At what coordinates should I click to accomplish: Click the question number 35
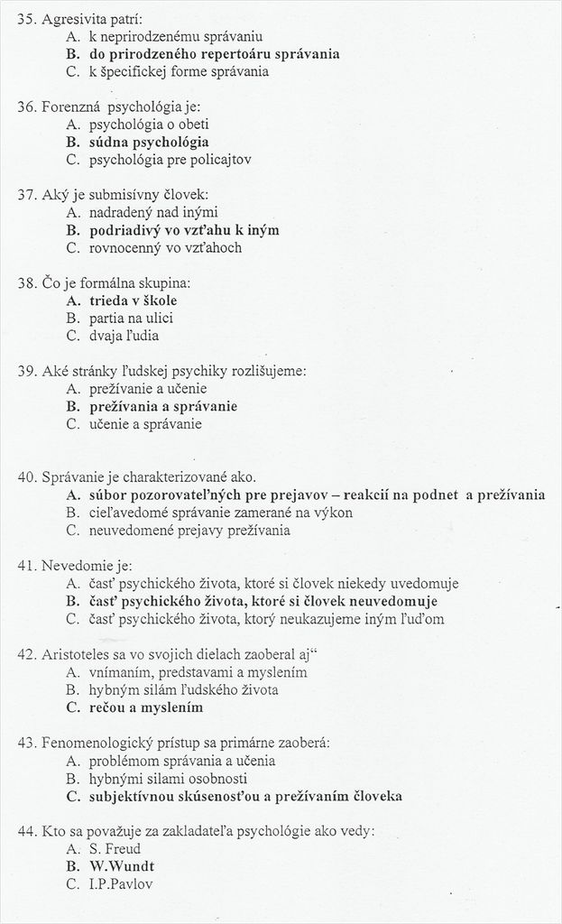[26, 19]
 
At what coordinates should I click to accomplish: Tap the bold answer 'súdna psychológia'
[149, 142]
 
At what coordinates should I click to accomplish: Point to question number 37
[26, 194]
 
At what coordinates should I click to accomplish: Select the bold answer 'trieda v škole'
[134, 300]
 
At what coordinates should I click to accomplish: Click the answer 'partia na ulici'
[131, 318]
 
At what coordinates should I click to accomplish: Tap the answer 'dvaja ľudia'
[124, 336]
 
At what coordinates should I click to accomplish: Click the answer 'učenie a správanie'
[145, 423]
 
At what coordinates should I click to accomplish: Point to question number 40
[26, 476]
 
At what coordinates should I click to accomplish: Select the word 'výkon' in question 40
[332, 512]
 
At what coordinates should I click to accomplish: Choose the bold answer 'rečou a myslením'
[145, 707]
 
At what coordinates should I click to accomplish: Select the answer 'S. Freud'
[115, 848]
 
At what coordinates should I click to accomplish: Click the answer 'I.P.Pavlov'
[121, 884]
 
